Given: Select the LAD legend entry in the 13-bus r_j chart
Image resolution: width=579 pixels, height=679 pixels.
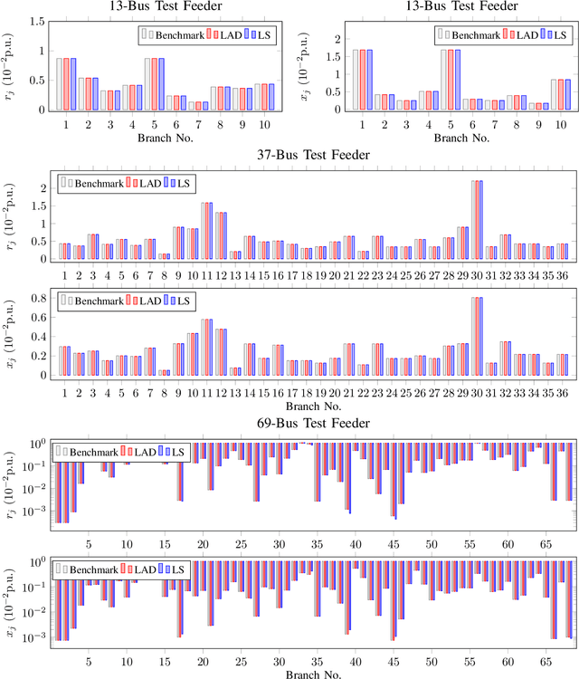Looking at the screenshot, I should [x=225, y=34].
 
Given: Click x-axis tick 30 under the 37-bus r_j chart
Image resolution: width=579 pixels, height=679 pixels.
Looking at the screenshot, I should [x=476, y=273].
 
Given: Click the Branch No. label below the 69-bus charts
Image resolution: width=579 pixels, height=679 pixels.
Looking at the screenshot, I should [x=308, y=673].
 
